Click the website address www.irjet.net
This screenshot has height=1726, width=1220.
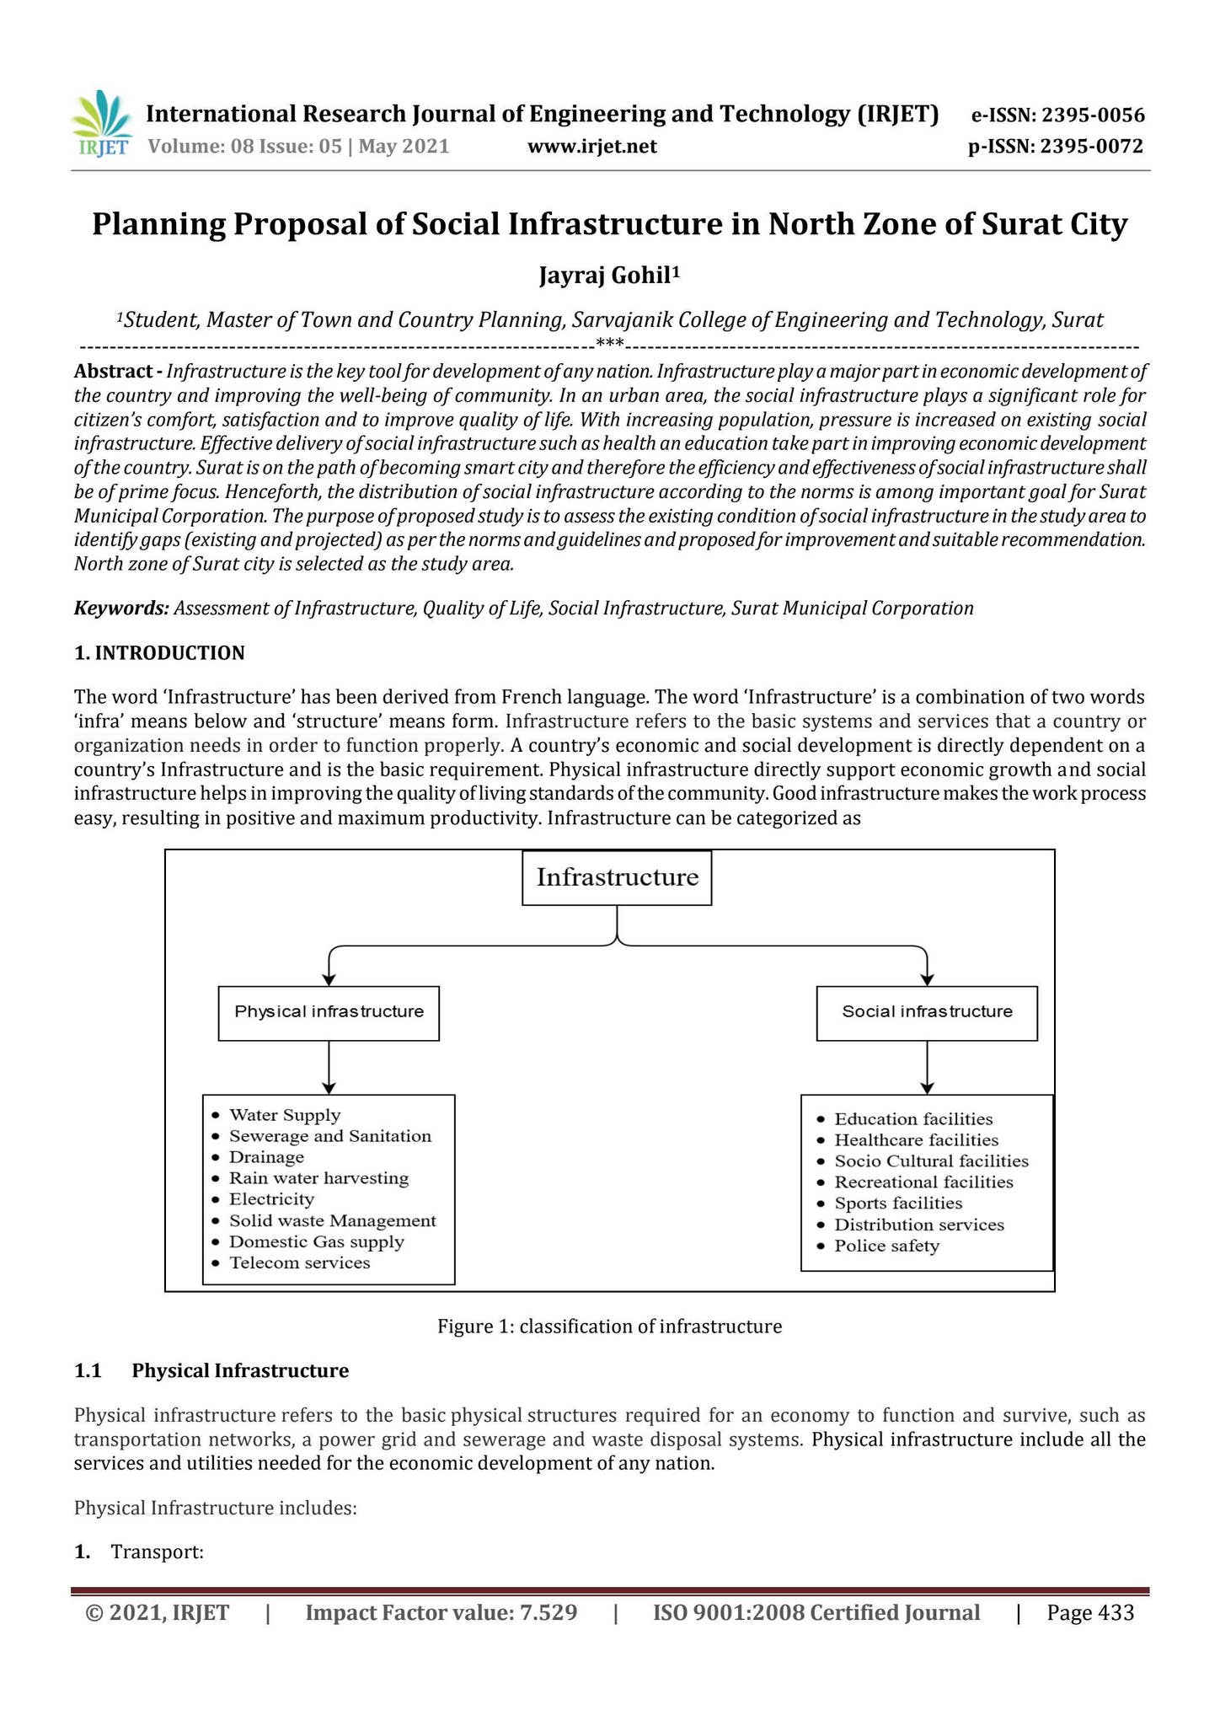click(x=591, y=147)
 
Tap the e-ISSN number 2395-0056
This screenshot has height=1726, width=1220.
click(x=1093, y=115)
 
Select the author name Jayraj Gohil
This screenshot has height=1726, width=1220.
click(x=608, y=275)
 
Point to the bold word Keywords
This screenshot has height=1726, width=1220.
click(x=121, y=608)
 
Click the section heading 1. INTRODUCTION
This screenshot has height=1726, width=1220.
click(x=159, y=653)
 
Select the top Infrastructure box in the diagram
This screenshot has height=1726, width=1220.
click(x=617, y=877)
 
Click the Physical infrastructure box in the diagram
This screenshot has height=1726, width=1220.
click(x=329, y=1012)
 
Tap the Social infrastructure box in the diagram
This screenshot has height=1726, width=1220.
click(x=927, y=1012)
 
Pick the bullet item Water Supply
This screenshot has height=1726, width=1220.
click(x=285, y=1116)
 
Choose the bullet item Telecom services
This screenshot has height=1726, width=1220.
click(x=299, y=1262)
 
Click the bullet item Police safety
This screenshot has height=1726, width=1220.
click(x=886, y=1246)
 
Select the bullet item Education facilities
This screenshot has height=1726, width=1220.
click(x=913, y=1119)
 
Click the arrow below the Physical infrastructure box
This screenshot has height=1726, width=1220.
click(x=329, y=1067)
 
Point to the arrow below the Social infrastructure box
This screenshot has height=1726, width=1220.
click(x=927, y=1067)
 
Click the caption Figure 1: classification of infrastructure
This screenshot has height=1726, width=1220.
click(x=609, y=1327)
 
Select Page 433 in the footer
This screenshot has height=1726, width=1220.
click(x=1090, y=1613)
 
